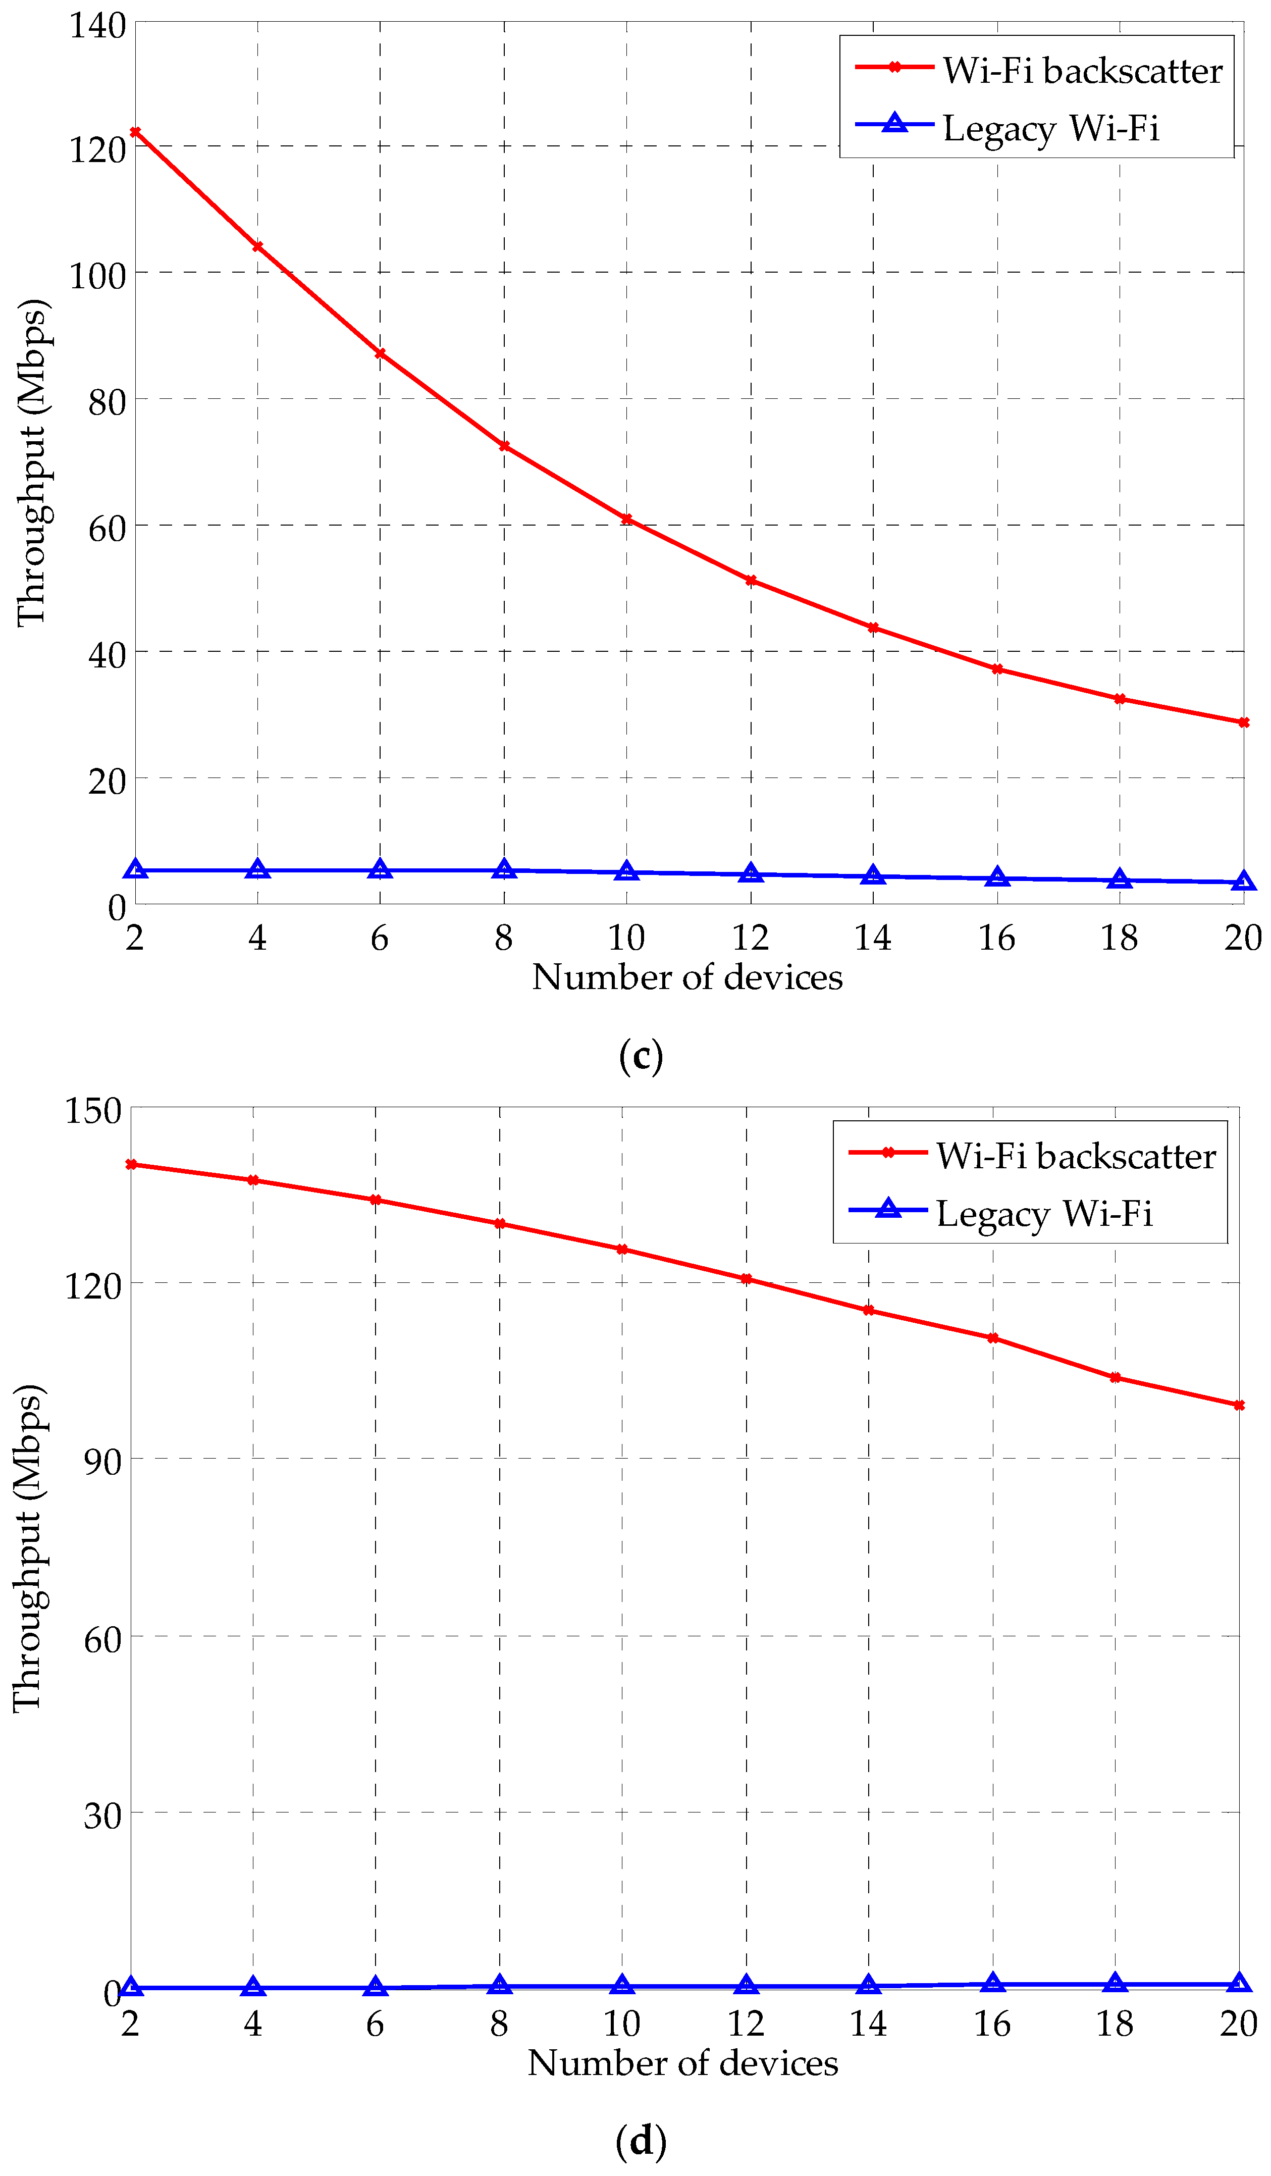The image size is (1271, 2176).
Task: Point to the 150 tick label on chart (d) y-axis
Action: (93, 1110)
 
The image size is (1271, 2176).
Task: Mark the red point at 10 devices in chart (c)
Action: (627, 519)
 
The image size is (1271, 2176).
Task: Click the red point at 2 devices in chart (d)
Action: (131, 1164)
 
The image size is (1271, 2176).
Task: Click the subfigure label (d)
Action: (641, 2141)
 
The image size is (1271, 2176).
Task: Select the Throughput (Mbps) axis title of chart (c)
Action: (33, 463)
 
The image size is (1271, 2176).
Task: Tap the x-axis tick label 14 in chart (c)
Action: (872, 938)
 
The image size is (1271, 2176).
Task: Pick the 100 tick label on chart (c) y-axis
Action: (97, 276)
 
